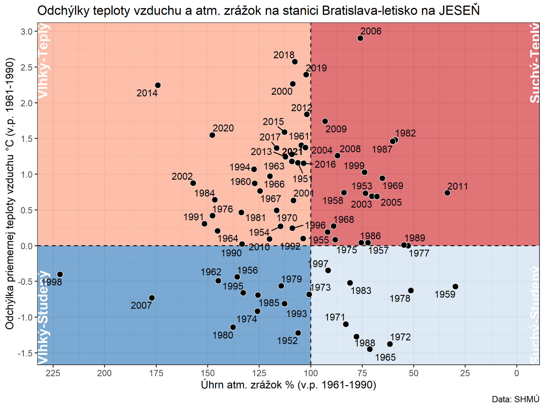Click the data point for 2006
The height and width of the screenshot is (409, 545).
coord(360,38)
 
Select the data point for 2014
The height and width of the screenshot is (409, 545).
coord(158,85)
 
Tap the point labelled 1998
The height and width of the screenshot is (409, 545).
coord(60,274)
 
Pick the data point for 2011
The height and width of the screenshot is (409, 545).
coord(448,193)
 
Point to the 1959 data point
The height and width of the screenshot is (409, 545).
coord(455,287)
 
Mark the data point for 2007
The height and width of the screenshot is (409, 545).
coord(152,298)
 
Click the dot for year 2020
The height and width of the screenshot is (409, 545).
coord(212,135)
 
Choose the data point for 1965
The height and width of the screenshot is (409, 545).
coord(370,349)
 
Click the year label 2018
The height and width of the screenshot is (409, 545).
coord(284,55)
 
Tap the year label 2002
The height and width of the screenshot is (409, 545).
coord(182,176)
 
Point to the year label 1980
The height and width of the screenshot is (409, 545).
coord(223,335)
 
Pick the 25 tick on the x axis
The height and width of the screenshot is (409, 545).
coord(465,373)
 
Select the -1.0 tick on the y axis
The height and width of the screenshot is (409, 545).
coord(27,317)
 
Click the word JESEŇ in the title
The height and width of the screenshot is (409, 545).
coord(459,11)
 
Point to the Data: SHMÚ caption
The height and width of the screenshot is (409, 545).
coord(515,399)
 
